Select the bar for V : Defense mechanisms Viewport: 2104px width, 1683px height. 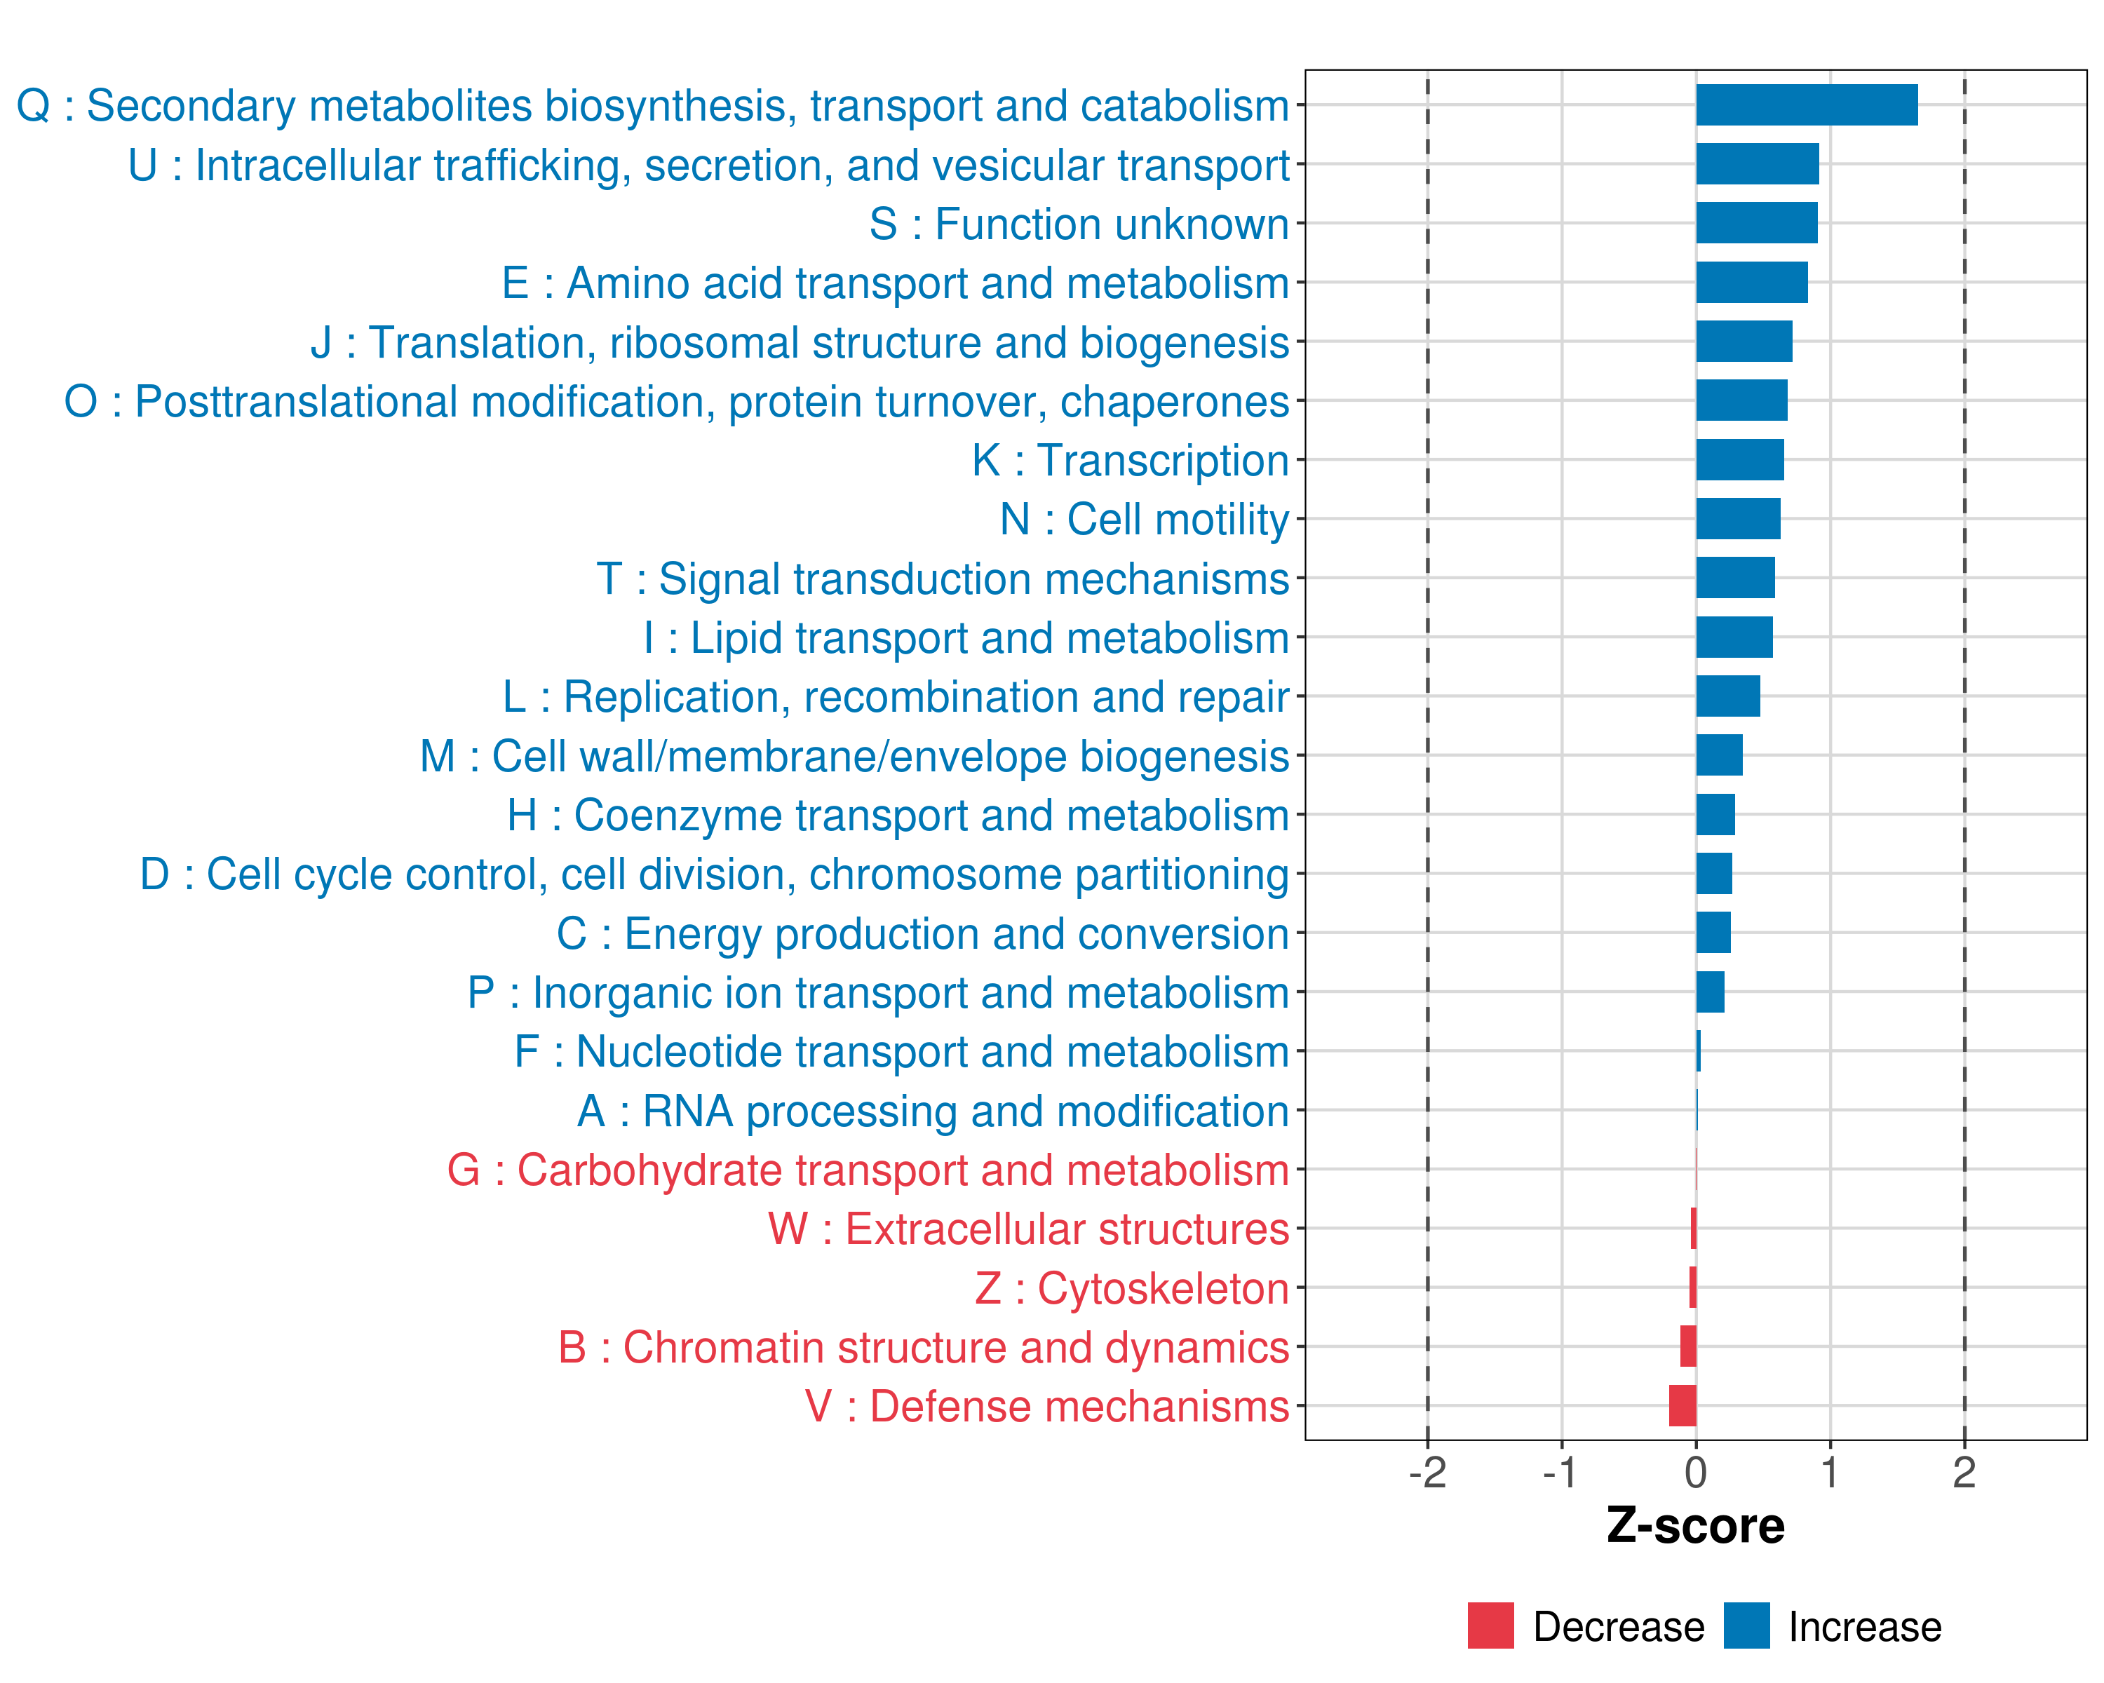click(1682, 1406)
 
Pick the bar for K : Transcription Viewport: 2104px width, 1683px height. click(1739, 459)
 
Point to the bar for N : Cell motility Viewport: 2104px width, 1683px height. click(1737, 519)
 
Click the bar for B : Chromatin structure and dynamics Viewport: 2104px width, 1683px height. click(1688, 1346)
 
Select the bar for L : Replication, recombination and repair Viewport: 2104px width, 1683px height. click(1727, 696)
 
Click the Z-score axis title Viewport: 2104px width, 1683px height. click(1695, 1526)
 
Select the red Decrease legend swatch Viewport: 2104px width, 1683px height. click(1490, 1625)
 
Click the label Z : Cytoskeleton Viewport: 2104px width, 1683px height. click(1132, 1289)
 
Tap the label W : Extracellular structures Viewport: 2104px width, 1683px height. click(1029, 1229)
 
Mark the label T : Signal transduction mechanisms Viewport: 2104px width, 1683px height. click(943, 579)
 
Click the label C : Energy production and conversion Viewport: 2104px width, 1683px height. click(923, 933)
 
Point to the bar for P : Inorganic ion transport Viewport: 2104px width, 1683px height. click(1710, 992)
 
